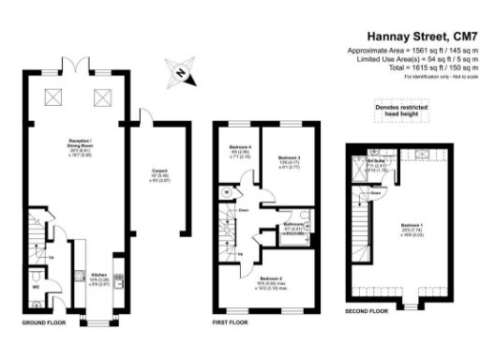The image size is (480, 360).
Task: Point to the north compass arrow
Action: tap(181, 68)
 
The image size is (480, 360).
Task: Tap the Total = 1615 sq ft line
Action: tap(420, 67)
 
